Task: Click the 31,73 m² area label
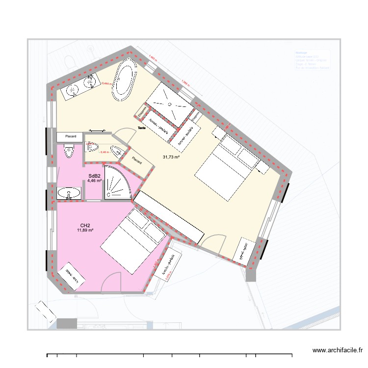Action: (x=171, y=157)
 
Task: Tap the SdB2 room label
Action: (x=94, y=176)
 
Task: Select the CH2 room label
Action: (x=85, y=225)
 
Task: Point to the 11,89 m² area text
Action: (x=85, y=230)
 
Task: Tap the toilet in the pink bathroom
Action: (x=69, y=152)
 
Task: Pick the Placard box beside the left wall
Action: (x=71, y=137)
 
